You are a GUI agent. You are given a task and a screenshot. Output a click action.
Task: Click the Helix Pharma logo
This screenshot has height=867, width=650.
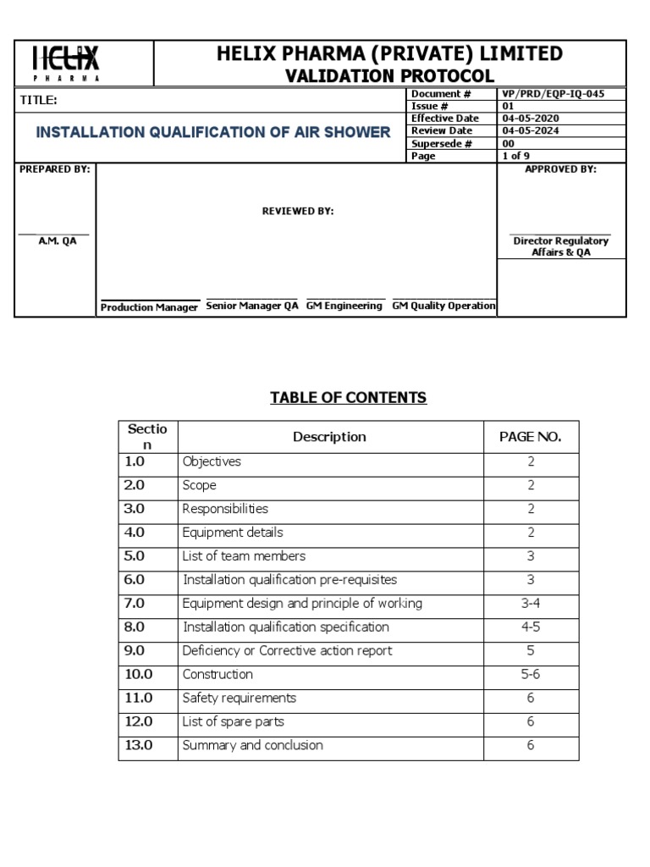click(x=67, y=62)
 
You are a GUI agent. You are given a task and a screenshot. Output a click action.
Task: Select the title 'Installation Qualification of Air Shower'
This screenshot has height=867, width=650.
click(x=212, y=132)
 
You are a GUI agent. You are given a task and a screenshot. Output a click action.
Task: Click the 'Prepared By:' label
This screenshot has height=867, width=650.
click(x=54, y=169)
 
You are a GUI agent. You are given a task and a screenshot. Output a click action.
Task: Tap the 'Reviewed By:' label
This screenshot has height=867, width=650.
click(x=297, y=212)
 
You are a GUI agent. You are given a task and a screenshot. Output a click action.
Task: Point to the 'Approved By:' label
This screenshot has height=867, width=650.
click(x=560, y=169)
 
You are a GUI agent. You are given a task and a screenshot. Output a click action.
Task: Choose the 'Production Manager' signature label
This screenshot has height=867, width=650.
click(x=149, y=307)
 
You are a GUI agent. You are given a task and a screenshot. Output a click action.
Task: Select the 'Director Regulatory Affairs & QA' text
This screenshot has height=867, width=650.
click(x=560, y=247)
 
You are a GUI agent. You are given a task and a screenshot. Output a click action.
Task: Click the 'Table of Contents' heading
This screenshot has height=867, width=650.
click(x=348, y=398)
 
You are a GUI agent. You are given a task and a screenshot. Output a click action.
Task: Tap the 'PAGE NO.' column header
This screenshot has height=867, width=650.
click(x=530, y=437)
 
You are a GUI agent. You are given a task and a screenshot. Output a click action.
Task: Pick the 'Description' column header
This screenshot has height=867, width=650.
click(x=329, y=437)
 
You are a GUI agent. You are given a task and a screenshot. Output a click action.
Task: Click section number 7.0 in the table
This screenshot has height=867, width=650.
click(x=135, y=604)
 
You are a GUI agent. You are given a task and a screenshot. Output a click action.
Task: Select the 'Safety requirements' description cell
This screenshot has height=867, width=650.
click(x=240, y=699)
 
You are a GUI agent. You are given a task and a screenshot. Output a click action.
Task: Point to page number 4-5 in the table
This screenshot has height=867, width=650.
click(x=530, y=627)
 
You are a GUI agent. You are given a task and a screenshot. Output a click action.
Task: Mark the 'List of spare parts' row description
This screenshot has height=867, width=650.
click(x=234, y=722)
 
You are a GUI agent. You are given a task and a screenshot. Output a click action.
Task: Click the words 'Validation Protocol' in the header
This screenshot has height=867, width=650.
click(x=389, y=75)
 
